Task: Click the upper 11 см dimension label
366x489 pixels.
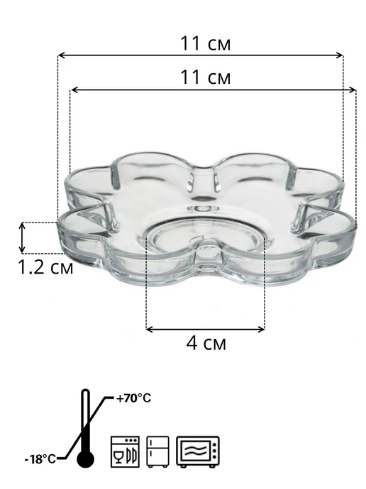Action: click(206, 43)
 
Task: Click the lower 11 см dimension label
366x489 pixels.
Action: click(206, 77)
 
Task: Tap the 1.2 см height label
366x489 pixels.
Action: click(45, 267)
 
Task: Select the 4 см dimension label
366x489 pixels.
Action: click(206, 343)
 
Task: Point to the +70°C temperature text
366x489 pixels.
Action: click(133, 398)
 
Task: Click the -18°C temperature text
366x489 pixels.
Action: click(40, 459)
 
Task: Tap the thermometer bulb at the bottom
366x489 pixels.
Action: click(85, 459)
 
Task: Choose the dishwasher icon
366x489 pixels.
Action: click(125, 451)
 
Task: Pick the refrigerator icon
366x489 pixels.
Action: click(157, 451)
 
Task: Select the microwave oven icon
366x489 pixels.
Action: click(198, 451)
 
